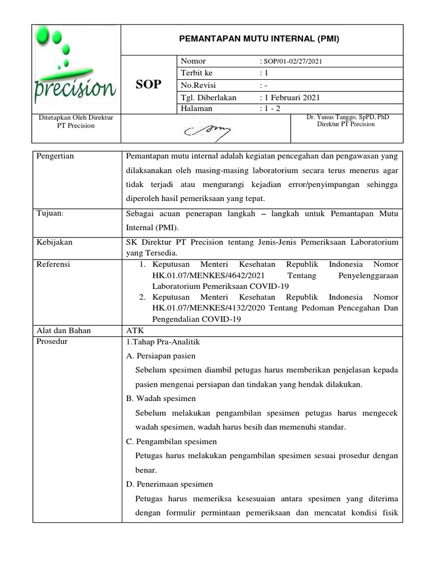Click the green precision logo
(x=75, y=68)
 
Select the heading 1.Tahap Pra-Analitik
(x=162, y=342)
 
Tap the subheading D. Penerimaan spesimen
(x=169, y=484)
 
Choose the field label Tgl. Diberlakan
(x=208, y=97)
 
